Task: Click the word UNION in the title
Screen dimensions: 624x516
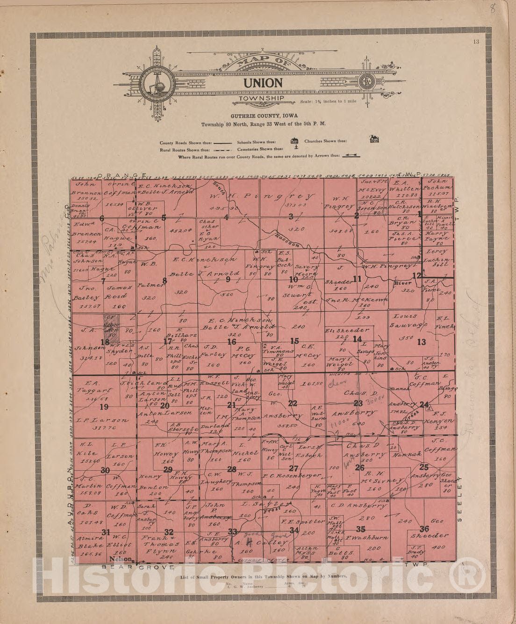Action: tap(262, 83)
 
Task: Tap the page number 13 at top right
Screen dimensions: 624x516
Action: tap(476, 42)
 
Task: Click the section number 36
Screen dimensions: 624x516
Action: tap(424, 529)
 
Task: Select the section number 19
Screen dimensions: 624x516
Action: tap(104, 406)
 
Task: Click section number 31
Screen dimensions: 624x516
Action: tap(106, 532)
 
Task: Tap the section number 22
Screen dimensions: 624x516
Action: tap(293, 403)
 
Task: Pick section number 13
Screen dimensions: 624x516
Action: tap(422, 342)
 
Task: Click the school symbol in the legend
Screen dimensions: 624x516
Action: tap(294, 140)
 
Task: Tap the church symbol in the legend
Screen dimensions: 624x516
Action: tap(374, 139)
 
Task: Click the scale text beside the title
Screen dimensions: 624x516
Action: tap(328, 101)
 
